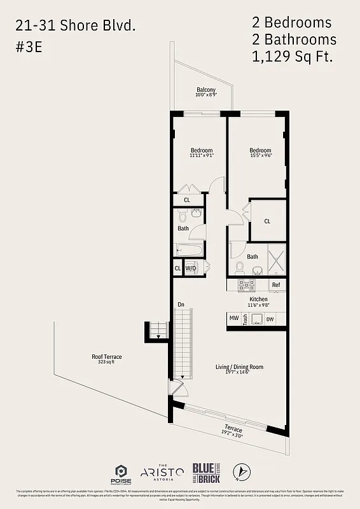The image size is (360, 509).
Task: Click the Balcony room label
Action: point(205,90)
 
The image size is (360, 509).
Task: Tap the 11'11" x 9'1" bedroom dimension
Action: point(201,155)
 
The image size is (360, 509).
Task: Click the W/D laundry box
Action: point(191,268)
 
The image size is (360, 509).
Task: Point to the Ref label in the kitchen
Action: point(276,285)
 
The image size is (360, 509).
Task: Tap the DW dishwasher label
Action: point(270,319)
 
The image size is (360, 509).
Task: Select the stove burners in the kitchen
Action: point(246,285)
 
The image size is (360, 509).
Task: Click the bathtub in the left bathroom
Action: point(190,249)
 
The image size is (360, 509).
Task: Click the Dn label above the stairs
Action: point(181,305)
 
